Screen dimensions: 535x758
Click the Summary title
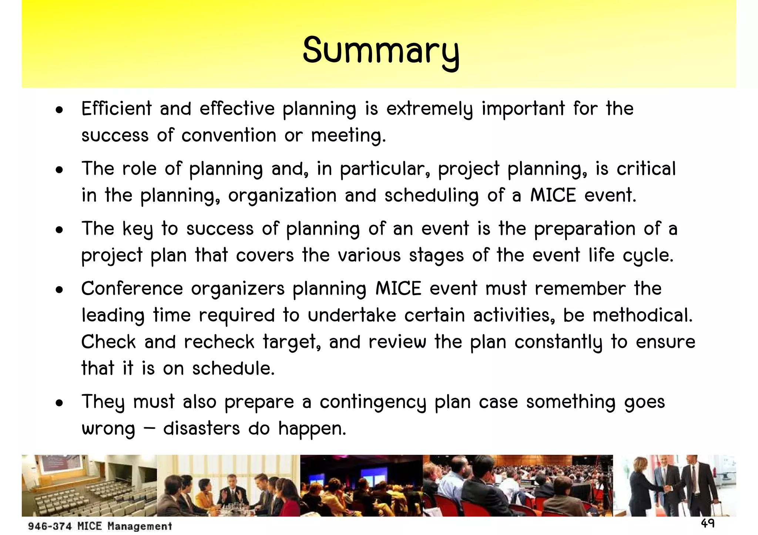(x=381, y=51)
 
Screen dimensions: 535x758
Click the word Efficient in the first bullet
(x=116, y=109)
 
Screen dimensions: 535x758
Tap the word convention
(x=229, y=135)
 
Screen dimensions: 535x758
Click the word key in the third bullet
(x=137, y=229)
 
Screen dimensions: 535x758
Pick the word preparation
(x=584, y=229)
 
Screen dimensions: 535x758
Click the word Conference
(x=132, y=288)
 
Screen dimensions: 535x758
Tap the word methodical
(x=642, y=315)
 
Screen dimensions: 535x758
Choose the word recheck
(x=219, y=342)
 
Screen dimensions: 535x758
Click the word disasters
(x=201, y=429)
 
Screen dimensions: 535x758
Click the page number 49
(x=707, y=523)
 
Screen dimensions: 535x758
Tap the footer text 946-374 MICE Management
(x=100, y=526)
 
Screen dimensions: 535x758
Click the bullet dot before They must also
(x=59, y=403)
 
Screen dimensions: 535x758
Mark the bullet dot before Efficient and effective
(x=59, y=110)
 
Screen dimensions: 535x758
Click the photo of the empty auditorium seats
(x=89, y=485)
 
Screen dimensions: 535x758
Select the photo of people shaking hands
(x=674, y=485)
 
